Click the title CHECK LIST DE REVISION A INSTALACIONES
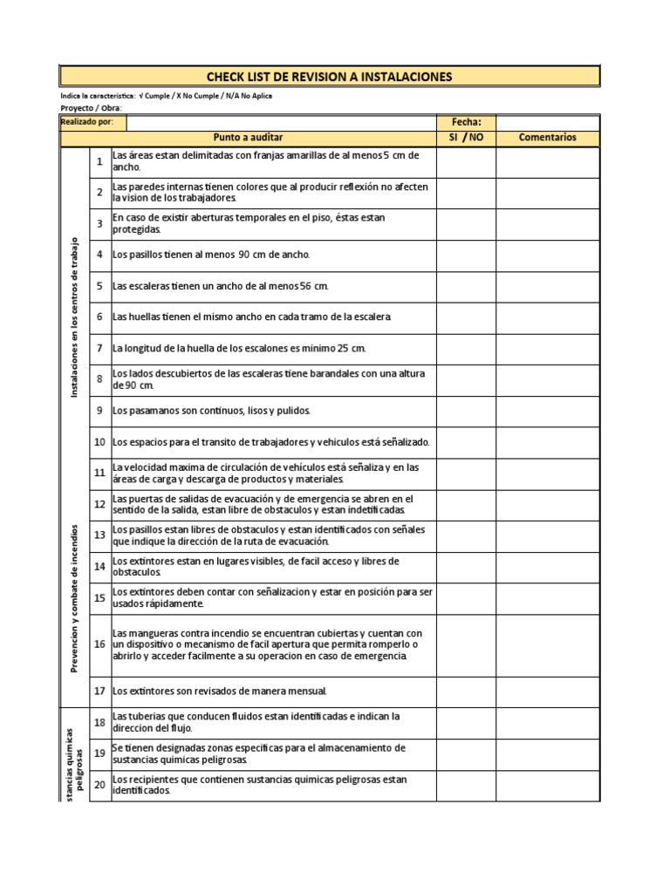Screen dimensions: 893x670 (329, 77)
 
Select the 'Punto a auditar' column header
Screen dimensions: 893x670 (248, 138)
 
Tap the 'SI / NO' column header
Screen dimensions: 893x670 (466, 138)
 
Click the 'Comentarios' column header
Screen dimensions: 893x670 (548, 138)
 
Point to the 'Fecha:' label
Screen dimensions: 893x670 (466, 123)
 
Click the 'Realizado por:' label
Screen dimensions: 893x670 (87, 123)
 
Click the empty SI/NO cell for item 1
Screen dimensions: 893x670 (466, 161)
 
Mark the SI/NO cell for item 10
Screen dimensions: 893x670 (466, 442)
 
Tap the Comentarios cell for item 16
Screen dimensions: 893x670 (548, 644)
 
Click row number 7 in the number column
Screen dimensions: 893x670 (99, 348)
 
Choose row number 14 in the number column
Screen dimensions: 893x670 (99, 567)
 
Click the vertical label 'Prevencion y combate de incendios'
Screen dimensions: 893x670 (75, 598)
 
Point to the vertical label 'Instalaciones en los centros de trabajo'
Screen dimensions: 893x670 (75, 317)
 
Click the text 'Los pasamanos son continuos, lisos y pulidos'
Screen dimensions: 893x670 (211, 411)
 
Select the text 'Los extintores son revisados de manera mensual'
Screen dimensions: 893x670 (220, 692)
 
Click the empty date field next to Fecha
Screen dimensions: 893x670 (548, 123)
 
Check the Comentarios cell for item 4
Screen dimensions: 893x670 (548, 255)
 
